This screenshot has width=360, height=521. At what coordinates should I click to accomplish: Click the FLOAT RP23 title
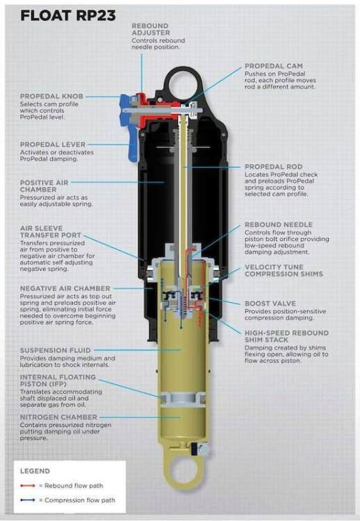68,15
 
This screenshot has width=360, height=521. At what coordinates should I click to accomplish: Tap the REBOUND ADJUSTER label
151,29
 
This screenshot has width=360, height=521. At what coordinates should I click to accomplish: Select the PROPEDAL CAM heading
274,66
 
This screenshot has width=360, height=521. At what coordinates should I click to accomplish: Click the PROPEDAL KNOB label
51,97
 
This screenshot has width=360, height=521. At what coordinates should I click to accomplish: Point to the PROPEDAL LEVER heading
53,144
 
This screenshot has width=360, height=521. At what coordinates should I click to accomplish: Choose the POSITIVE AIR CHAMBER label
44,186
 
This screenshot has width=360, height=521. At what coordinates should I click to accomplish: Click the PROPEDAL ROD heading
274,167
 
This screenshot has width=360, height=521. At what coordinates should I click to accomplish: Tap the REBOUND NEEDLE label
279,224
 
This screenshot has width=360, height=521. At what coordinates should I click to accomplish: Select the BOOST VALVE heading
270,304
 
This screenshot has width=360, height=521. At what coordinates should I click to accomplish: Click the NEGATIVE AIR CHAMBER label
65,288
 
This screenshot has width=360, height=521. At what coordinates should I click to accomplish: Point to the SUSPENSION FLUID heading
55,350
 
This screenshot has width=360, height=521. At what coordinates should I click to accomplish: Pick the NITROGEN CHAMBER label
58,417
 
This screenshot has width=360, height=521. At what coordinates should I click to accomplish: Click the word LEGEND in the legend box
35,471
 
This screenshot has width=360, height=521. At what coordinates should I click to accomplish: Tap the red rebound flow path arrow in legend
28,486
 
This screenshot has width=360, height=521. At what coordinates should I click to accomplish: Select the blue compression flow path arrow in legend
28,500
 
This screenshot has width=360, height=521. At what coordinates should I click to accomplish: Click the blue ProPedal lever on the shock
133,146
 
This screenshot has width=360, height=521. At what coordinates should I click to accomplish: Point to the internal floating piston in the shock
183,399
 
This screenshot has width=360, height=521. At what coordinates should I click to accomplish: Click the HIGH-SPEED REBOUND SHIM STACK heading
286,336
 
